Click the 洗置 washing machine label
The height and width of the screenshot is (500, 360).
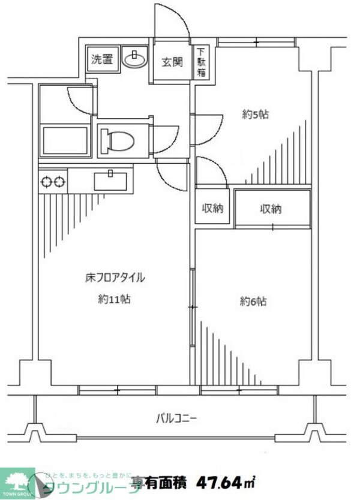[101, 59]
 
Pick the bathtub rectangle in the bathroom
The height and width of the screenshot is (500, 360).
[65, 141]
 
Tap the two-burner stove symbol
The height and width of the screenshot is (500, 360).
[52, 181]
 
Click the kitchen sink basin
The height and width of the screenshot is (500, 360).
[110, 180]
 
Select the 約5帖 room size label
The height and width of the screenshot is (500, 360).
[255, 115]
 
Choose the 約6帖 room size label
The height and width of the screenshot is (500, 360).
[254, 302]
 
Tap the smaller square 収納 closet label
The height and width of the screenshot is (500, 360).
[212, 209]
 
